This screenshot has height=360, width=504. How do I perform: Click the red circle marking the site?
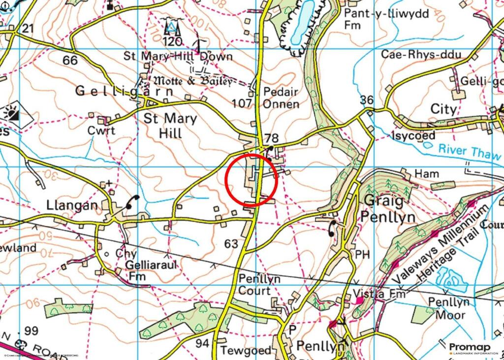(252, 180)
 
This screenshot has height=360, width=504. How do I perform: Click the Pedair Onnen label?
(281, 98)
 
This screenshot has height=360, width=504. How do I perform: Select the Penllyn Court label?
(259, 284)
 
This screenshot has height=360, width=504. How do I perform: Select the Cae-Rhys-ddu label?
(421, 54)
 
